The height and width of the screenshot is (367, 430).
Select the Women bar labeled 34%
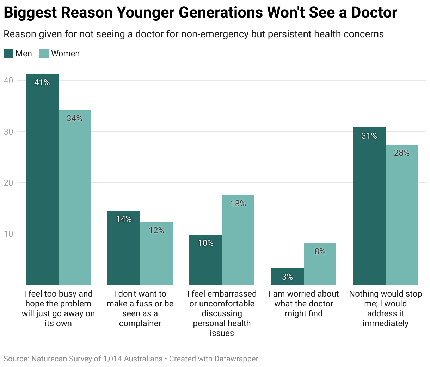click(74, 197)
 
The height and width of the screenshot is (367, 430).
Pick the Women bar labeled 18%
click(238, 240)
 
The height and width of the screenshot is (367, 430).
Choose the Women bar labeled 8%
click(320, 264)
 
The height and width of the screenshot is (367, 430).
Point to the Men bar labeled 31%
click(369, 206)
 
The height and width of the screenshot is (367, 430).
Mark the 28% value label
click(402, 153)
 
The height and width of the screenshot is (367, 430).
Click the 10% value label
click(205, 243)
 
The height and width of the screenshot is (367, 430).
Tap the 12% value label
click(156, 230)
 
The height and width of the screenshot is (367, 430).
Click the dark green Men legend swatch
click(8, 54)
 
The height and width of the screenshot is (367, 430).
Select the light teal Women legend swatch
click(44, 54)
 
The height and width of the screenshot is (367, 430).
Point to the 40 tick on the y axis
click(8, 81)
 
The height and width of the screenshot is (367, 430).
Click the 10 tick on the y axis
click(8, 234)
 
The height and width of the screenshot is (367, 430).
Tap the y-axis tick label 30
click(8, 132)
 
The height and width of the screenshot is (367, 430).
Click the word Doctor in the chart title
click(374, 13)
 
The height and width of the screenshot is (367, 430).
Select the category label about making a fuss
click(140, 309)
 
